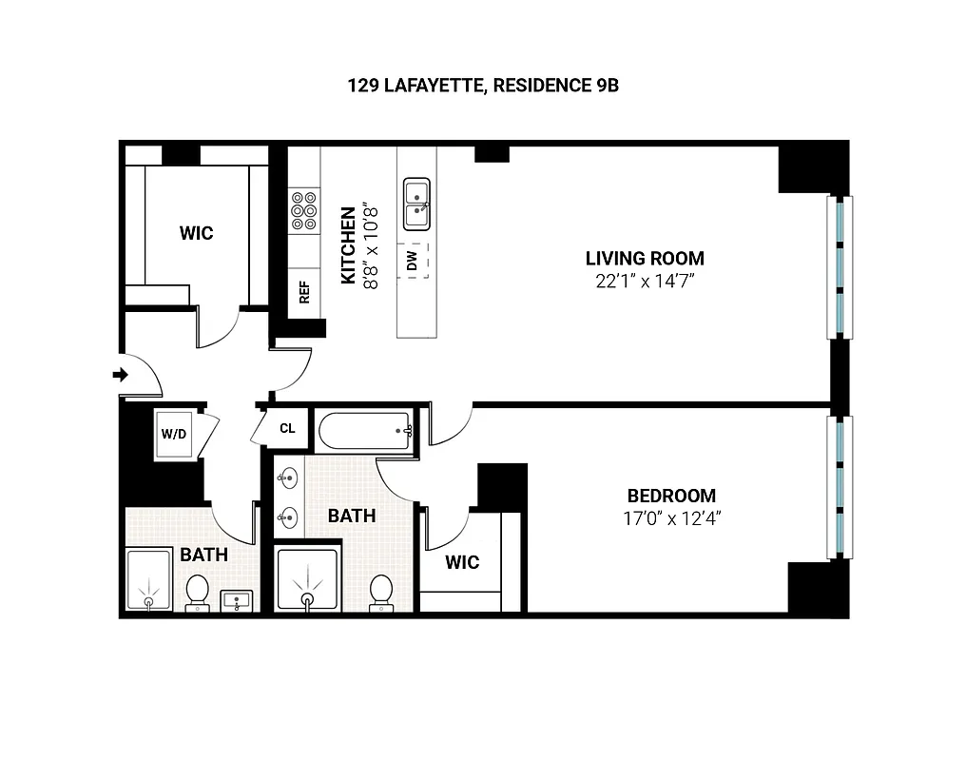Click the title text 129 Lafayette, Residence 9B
[483, 86]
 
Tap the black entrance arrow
[121, 375]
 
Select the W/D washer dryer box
[174, 435]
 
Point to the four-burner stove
[304, 210]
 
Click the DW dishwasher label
[413, 262]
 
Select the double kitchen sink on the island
[416, 204]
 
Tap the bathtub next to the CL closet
[365, 432]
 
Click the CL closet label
[287, 428]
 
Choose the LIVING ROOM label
[645, 258]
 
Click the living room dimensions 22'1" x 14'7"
[645, 281]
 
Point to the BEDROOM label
[671, 496]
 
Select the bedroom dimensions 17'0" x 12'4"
[671, 518]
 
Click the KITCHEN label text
[348, 244]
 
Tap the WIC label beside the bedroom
[462, 562]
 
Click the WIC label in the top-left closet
[197, 232]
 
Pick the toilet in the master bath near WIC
[382, 590]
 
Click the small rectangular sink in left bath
[236, 600]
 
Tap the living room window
[840, 267]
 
